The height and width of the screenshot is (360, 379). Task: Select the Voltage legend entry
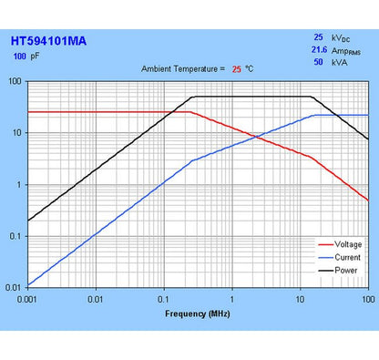346,244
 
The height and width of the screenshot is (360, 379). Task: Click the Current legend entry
346,257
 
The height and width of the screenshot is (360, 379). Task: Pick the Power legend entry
344,270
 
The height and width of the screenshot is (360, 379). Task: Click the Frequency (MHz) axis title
198,314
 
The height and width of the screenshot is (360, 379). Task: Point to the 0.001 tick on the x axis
28,297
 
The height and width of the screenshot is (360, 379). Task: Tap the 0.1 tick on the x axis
164,297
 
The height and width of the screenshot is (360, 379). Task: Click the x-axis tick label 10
300,297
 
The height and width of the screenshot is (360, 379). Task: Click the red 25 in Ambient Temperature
236,69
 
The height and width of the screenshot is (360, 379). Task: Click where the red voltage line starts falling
190,112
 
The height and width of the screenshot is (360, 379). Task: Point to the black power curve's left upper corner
192,97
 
